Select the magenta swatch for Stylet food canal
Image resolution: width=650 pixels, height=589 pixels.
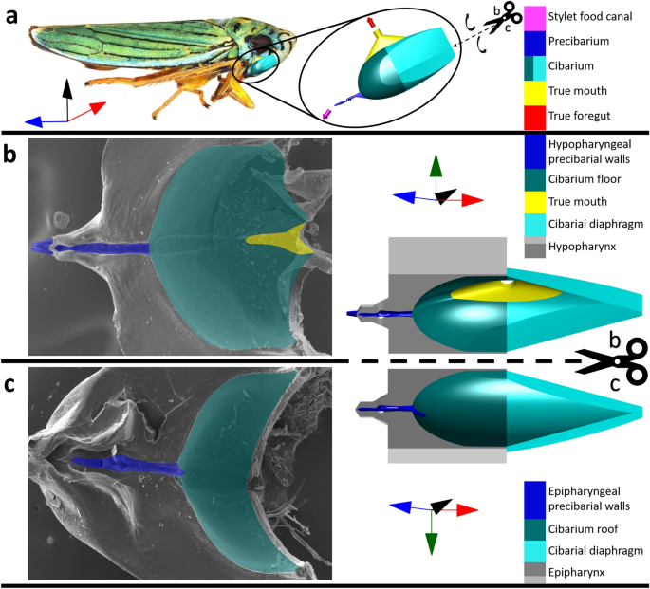(534, 15)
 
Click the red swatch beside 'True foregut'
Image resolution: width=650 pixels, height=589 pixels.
(534, 118)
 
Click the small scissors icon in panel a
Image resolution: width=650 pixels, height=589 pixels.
(509, 14)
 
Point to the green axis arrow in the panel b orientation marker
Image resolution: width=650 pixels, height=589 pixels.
(436, 168)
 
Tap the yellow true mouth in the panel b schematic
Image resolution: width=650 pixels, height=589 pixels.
(498, 292)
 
